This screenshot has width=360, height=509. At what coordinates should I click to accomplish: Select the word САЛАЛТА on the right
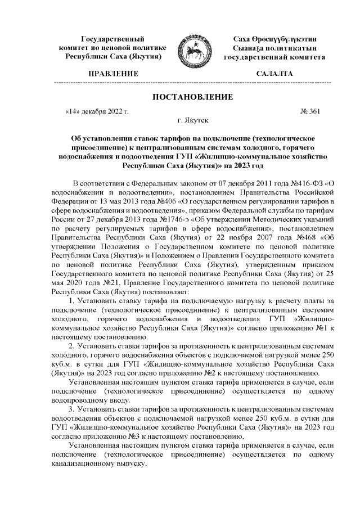point(274,74)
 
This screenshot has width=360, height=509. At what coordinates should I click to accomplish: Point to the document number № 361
point(312,111)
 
